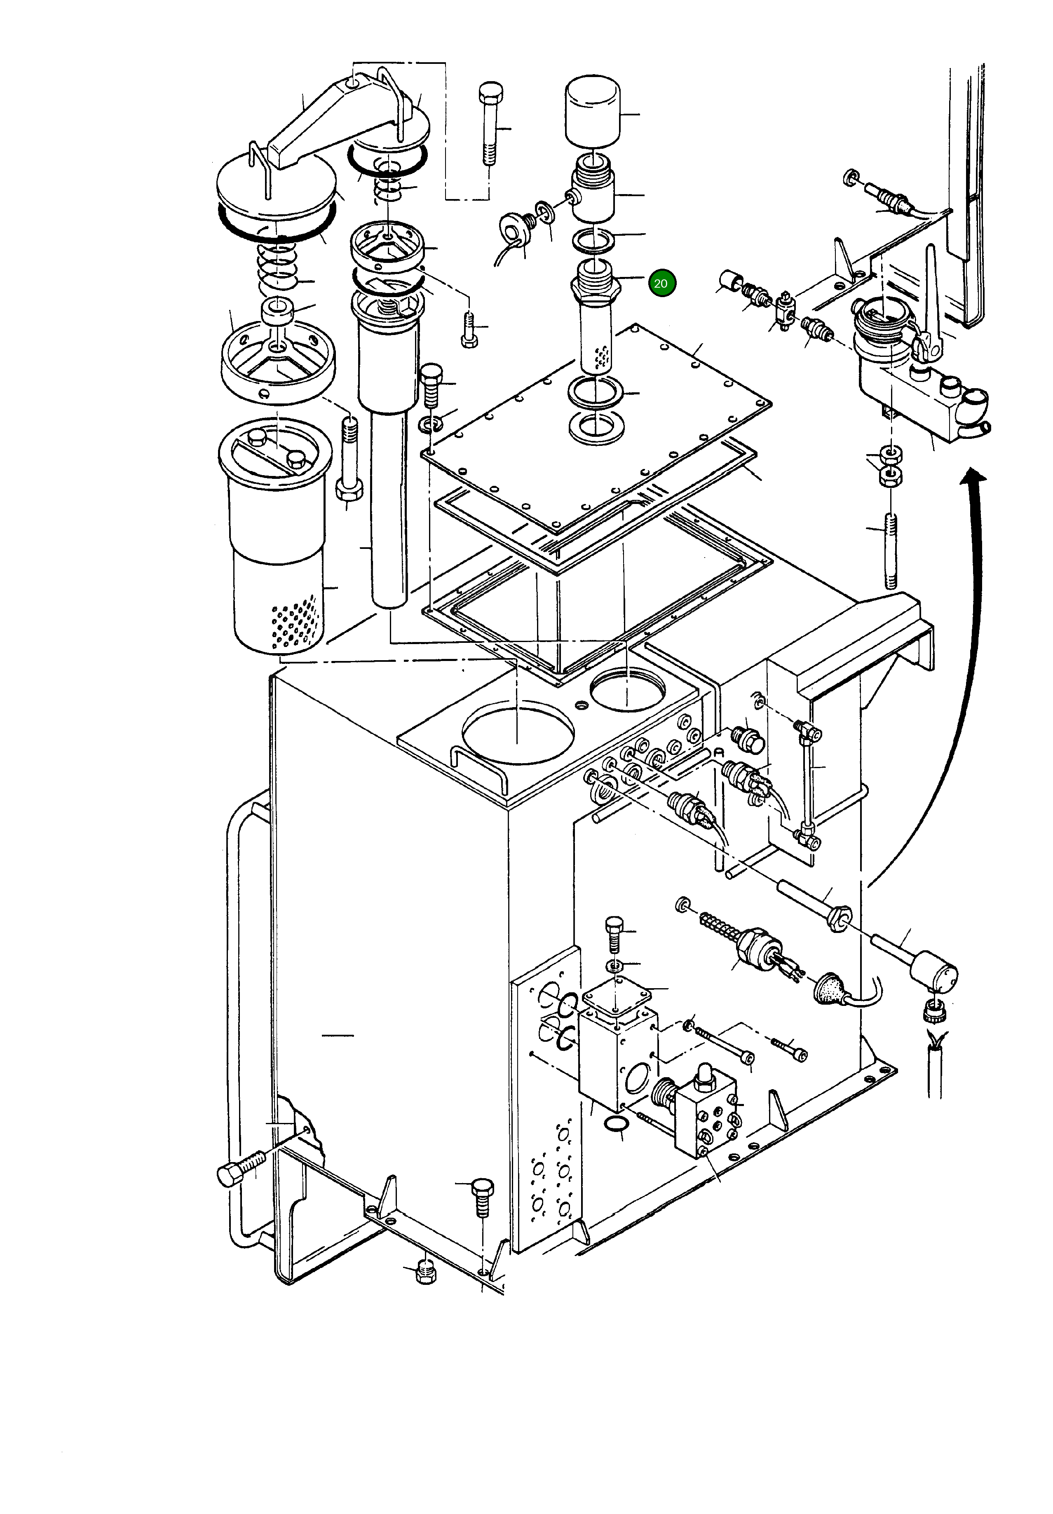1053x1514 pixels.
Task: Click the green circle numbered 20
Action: (661, 284)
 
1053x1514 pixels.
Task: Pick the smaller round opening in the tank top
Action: (628, 691)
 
